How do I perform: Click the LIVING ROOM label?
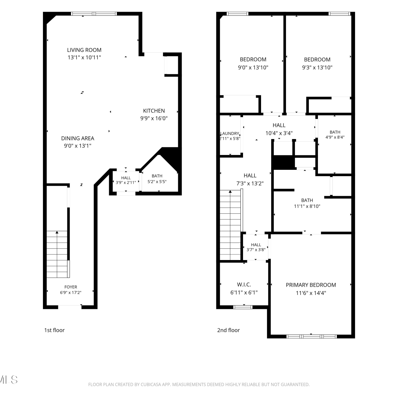tap(84, 50)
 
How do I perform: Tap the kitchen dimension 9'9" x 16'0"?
tap(154, 118)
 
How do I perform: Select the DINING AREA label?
tap(78, 138)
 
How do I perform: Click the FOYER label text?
tap(71, 287)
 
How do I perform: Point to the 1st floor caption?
tap(54, 330)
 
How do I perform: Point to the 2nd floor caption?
tap(228, 330)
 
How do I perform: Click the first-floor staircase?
tap(58, 254)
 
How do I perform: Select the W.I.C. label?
tap(244, 284)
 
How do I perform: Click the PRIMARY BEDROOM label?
tap(311, 285)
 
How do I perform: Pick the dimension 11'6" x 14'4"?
tap(311, 293)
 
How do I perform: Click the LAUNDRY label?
tap(230, 133)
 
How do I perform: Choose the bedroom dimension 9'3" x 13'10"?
tap(317, 67)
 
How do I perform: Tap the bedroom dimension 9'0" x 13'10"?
tap(253, 67)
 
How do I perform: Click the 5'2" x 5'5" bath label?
tap(157, 182)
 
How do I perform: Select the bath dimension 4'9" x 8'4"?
tap(335, 137)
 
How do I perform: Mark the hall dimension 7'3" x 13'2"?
tap(250, 183)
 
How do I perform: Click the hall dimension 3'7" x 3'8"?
tap(256, 250)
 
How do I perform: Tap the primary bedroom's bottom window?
tap(312, 336)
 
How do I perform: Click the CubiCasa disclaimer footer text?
tap(199, 384)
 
